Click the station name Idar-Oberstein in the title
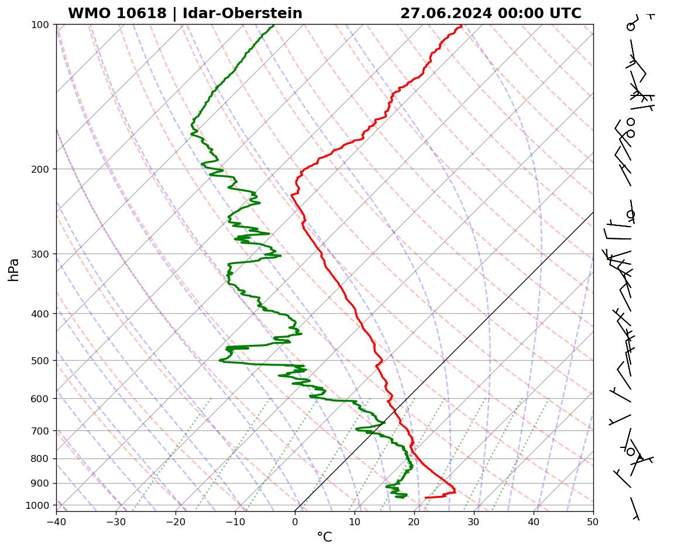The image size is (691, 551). [x=242, y=13]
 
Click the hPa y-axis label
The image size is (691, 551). [x=14, y=269]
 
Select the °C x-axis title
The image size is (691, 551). [x=324, y=537]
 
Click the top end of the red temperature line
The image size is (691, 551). [x=461, y=26]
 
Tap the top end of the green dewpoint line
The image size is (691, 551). [x=273, y=26]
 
